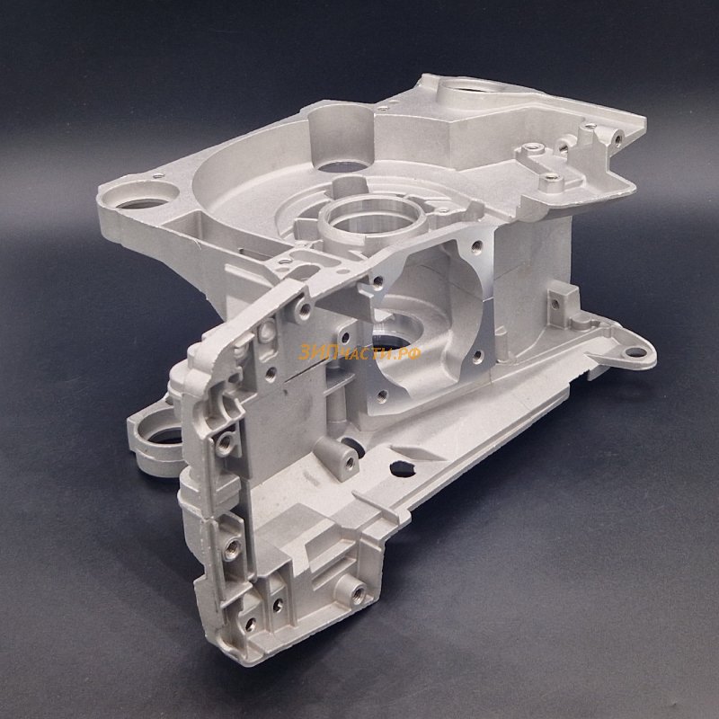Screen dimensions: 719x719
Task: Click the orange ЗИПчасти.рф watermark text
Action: coord(359,352)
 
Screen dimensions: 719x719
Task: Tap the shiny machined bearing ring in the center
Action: coord(372,220)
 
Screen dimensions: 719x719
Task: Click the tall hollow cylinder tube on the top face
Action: coord(342,138)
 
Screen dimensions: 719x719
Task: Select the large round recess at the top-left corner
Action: coord(140,196)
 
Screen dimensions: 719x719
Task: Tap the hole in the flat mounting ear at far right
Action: coord(635,352)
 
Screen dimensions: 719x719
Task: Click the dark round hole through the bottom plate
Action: coord(402,468)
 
